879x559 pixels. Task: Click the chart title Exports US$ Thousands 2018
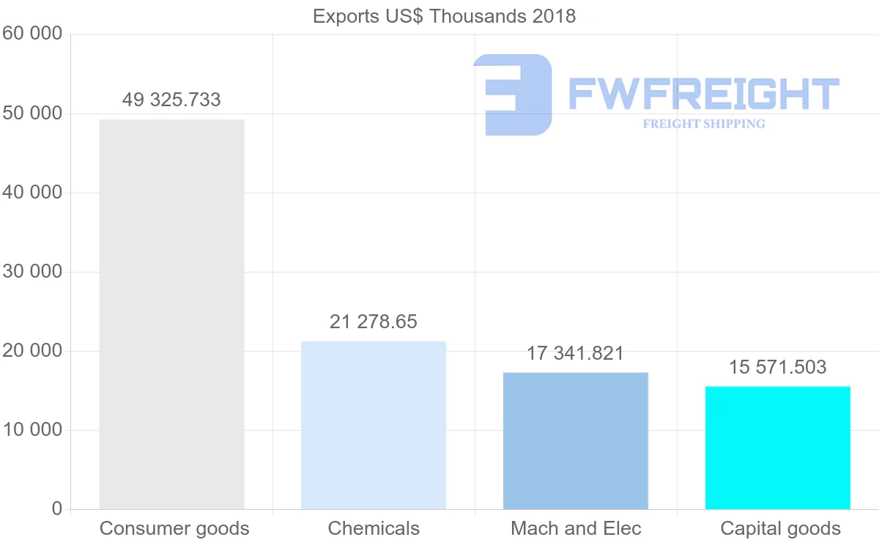tap(444, 16)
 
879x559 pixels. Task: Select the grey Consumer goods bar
tap(171, 314)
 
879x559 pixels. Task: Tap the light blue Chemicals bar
tap(374, 425)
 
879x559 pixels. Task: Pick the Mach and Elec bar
tap(576, 440)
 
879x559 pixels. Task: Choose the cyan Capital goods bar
tap(778, 448)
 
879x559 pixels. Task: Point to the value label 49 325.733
tap(171, 100)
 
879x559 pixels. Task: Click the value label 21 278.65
tap(374, 322)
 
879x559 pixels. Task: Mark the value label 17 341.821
tap(576, 353)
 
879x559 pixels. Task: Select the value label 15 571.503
tap(778, 367)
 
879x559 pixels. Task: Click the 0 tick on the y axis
tap(57, 509)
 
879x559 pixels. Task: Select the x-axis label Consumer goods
tap(174, 528)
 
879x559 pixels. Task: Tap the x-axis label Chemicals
tap(374, 528)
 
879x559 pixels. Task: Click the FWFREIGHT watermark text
tap(703, 94)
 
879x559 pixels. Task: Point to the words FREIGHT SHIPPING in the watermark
tap(704, 124)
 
